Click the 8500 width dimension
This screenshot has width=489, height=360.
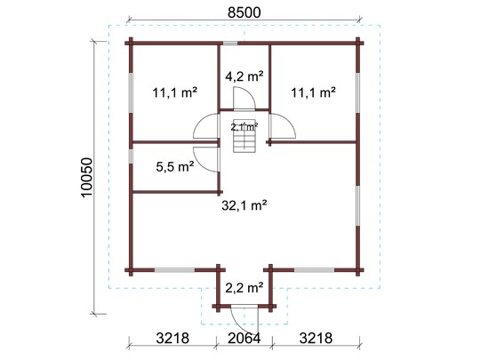click(x=244, y=12)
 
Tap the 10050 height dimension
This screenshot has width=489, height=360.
click(x=86, y=178)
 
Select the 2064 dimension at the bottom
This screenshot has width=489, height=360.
click(x=244, y=338)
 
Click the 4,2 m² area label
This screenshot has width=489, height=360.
click(x=244, y=76)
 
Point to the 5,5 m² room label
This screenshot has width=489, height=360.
click(x=174, y=167)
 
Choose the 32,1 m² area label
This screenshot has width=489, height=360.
click(x=244, y=205)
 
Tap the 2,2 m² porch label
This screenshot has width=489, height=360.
click(x=244, y=288)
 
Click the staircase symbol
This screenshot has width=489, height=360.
click(x=244, y=136)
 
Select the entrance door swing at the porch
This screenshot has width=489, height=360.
click(x=244, y=320)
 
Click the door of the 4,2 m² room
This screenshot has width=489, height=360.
click(x=244, y=99)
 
